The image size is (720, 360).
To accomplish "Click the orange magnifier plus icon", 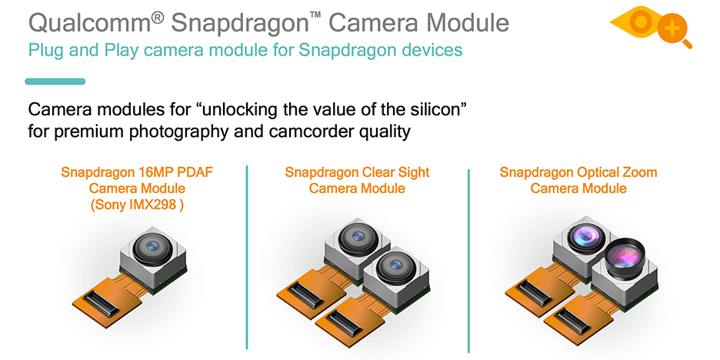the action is [674, 31].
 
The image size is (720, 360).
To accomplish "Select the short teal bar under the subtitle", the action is [55, 82].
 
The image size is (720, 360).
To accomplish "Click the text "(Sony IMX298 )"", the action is [137, 205].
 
